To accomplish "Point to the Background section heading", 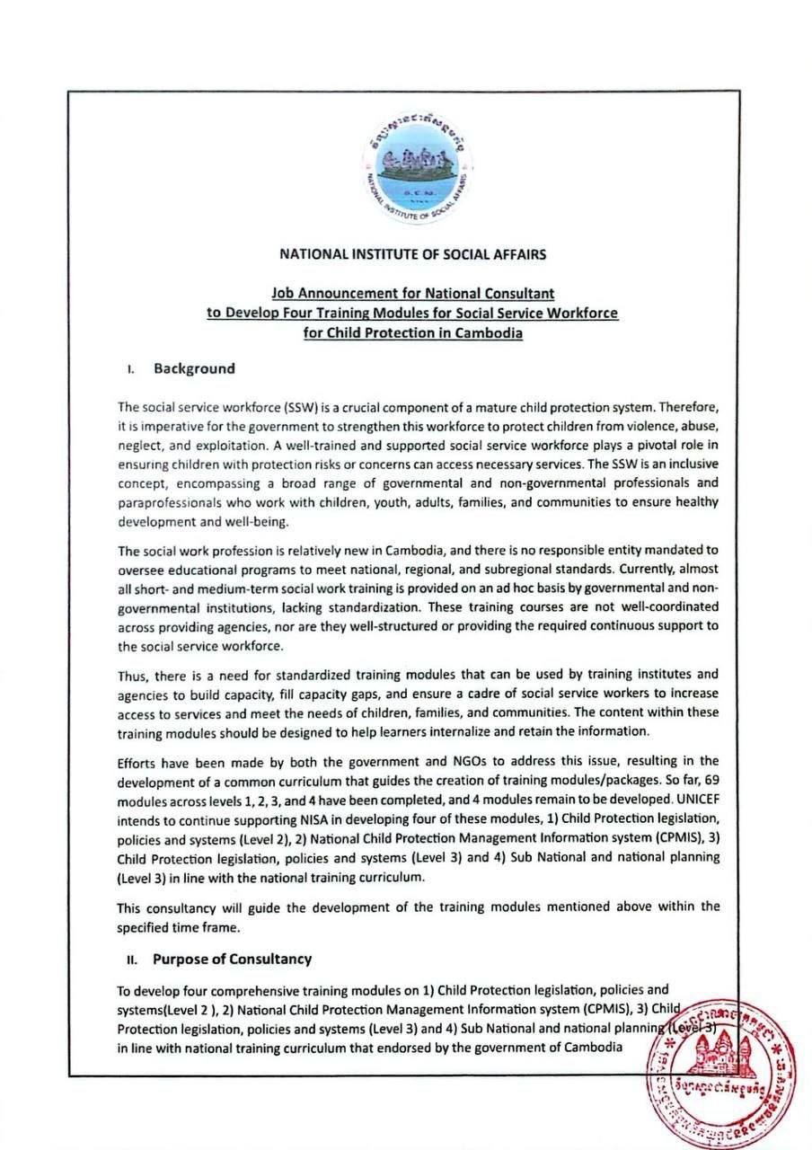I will click(194, 368).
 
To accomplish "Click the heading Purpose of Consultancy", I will click(232, 959).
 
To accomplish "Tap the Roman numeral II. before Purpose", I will click(131, 960).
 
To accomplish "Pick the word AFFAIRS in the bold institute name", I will click(515, 254).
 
